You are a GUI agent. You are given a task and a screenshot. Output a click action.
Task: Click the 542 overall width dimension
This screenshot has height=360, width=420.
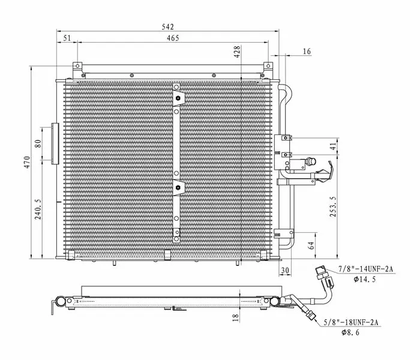pos(167,27)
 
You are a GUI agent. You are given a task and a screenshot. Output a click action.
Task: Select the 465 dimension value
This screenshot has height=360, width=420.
pos(173,38)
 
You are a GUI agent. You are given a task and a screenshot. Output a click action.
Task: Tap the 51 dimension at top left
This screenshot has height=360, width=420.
pos(67,38)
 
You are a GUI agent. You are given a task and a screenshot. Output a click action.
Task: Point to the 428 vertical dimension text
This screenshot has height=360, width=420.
pos(237,52)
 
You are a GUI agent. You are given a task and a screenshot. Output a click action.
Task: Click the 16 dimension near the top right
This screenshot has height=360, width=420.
pos(307,51)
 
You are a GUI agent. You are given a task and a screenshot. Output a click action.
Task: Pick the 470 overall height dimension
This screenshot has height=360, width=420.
pos(27,163)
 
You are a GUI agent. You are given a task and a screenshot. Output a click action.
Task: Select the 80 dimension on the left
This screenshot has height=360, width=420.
pos(38,144)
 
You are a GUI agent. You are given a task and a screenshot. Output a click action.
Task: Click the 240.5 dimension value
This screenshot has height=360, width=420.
pos(38,209)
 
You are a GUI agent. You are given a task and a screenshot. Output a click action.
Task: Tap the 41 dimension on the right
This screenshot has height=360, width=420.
pos(332,146)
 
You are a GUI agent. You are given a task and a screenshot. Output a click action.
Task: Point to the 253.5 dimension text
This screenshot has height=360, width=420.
pos(332,206)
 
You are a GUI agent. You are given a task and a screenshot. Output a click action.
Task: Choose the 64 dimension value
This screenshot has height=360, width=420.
pos(311,245)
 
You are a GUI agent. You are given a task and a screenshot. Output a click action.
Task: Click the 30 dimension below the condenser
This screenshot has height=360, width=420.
pos(285,271)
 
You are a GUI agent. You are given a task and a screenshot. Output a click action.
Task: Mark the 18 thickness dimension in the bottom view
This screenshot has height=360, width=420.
pos(235,318)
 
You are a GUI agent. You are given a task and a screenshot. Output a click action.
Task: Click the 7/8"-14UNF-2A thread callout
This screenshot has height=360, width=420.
pos(366,269)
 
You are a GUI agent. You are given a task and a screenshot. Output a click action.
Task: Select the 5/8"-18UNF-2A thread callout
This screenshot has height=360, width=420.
pos(351,323)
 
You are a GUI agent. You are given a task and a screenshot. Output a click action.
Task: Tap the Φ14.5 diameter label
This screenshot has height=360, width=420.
pos(365,280)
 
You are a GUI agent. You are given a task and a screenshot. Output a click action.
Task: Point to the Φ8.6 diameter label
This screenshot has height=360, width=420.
pos(350,332)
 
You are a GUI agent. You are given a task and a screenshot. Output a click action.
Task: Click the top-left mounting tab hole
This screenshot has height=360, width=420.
pos(77,65)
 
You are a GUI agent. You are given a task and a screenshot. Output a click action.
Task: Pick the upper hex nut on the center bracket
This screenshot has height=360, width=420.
pos(178,98)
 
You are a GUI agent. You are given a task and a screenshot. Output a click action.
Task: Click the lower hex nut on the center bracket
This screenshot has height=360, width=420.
pos(178,187)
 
